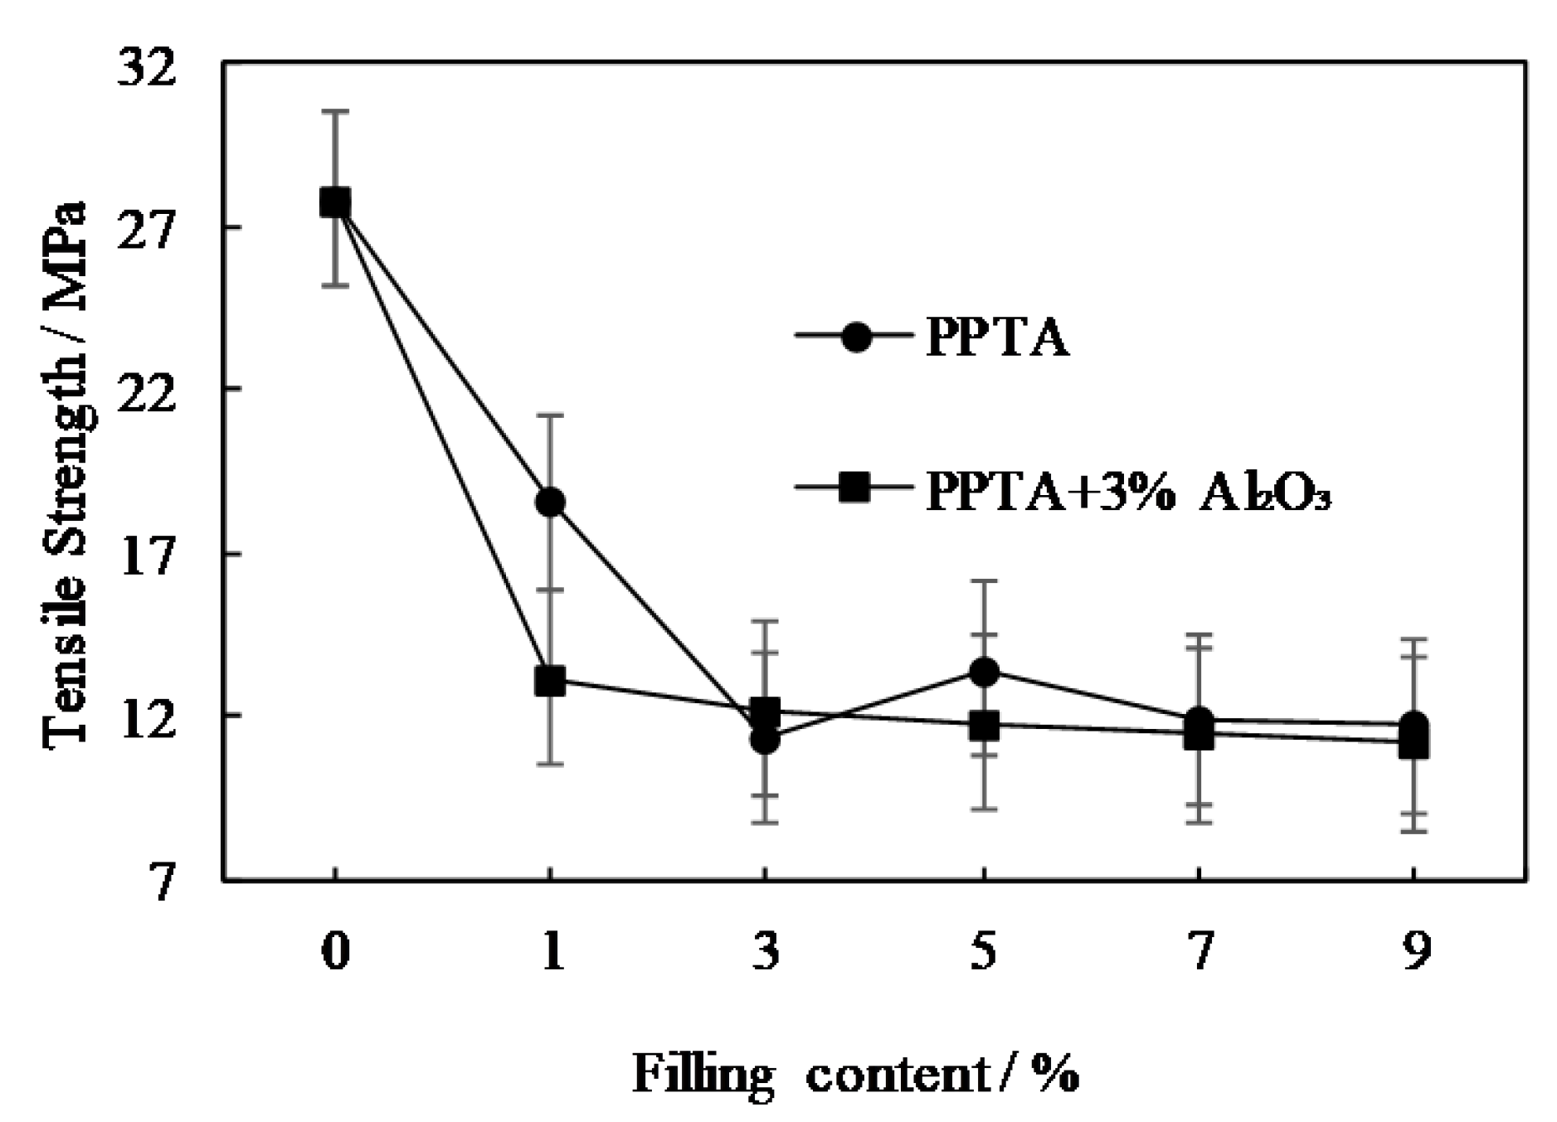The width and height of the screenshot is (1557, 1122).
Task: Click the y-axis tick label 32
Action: tap(148, 68)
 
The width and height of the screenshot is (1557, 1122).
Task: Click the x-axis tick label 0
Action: tap(335, 951)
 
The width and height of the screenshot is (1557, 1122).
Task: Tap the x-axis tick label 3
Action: tap(766, 951)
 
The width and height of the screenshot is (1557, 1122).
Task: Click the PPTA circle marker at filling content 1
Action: tap(550, 502)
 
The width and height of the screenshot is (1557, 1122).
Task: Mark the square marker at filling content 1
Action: tap(550, 681)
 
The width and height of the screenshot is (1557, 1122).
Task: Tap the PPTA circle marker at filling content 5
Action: tap(983, 671)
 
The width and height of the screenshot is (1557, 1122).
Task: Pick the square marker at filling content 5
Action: tap(983, 726)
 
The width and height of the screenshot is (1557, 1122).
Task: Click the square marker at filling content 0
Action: tap(335, 202)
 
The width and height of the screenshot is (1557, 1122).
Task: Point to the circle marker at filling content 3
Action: tap(765, 739)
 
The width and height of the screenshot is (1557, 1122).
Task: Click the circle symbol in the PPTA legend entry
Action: tap(855, 338)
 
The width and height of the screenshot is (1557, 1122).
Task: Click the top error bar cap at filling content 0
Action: tap(335, 110)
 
